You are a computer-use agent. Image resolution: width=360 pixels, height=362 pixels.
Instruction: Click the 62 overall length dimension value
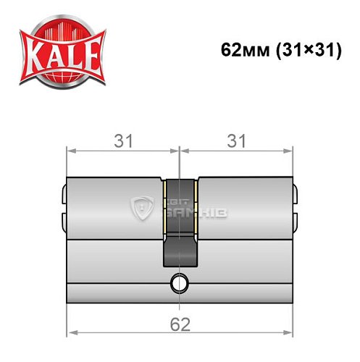coord(181,324)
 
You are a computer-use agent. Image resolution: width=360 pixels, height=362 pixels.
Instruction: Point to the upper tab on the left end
coord(64,193)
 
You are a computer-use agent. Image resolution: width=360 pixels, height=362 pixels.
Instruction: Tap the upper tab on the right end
coord(296,193)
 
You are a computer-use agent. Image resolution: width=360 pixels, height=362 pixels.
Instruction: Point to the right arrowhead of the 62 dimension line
coord(290,334)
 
